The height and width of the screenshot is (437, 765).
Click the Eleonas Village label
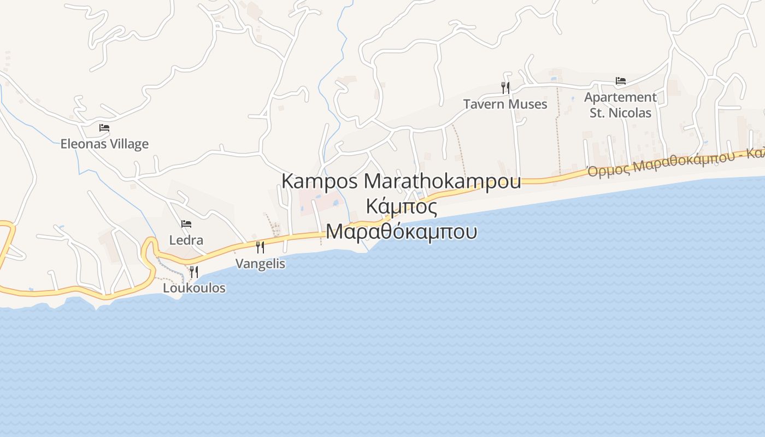[x=104, y=144]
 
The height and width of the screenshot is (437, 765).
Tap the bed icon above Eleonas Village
[x=104, y=128]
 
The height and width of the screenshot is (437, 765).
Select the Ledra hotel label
[x=186, y=240]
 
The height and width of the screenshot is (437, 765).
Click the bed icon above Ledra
[x=186, y=224]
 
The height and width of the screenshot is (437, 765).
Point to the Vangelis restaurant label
[x=260, y=263]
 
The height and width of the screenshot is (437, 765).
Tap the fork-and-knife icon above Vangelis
[x=260, y=247]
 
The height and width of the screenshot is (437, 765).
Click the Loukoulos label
[x=194, y=288]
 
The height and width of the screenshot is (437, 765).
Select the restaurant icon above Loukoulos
[x=194, y=271]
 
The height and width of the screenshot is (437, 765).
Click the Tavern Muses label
[x=505, y=104]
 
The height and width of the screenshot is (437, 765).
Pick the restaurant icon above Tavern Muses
[x=505, y=87]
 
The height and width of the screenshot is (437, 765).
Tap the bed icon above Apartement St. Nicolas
[x=621, y=81]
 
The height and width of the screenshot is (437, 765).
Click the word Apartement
[x=620, y=97]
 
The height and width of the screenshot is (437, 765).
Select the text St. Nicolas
[x=620, y=113]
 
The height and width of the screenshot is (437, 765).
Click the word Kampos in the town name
[x=319, y=181]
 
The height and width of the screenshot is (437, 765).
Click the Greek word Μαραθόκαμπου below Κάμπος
[x=402, y=232]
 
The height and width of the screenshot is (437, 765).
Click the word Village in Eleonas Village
[x=127, y=144]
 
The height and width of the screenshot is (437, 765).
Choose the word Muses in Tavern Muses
[x=528, y=104]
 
